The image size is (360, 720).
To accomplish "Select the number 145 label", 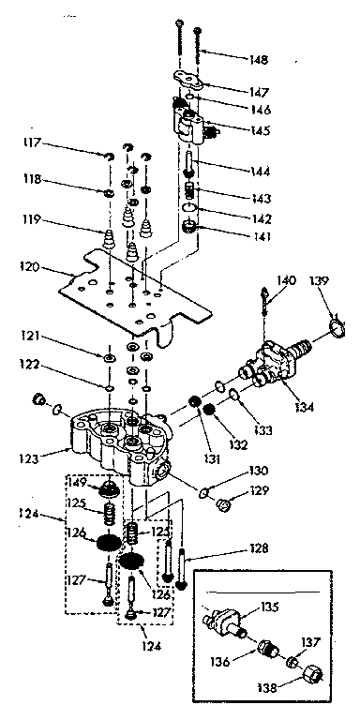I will pos(260,130).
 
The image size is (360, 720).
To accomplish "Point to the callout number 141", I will pos(260,236).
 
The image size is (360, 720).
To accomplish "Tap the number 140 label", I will pos(286,279).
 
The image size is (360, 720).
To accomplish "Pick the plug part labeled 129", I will pos(222,507).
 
